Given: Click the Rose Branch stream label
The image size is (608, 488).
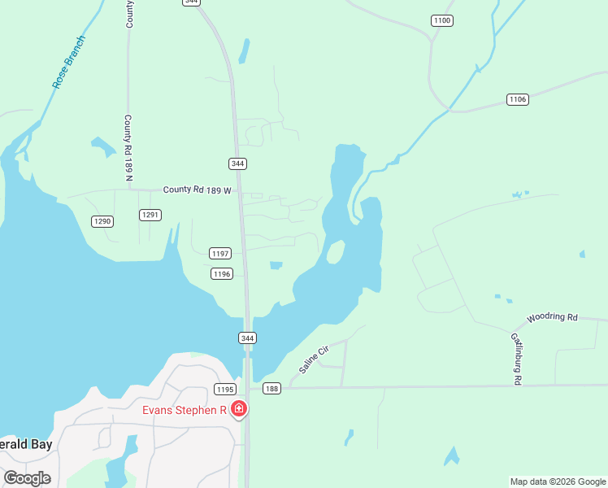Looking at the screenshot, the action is click(69, 62).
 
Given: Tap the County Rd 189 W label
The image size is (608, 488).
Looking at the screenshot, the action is click(198, 190).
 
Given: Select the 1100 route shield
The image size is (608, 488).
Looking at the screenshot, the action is click(441, 20).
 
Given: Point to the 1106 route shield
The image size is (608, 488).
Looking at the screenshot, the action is click(518, 99).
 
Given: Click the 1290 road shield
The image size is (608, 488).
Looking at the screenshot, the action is click(102, 221).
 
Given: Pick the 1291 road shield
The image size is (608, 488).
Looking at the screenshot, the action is click(150, 215).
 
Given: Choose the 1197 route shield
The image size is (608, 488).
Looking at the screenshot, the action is click(220, 253).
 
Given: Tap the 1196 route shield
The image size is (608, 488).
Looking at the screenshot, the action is click(222, 273).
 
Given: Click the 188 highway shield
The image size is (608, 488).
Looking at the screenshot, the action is click(271, 389).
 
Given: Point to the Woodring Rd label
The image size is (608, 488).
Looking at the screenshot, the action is click(551, 316).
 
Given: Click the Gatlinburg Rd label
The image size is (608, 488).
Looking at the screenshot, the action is click(515, 358).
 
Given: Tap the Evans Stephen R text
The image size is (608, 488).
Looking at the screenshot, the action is click(184, 410).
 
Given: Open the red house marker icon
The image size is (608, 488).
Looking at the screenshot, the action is click(239, 408).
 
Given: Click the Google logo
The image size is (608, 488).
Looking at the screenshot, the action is click(27, 477).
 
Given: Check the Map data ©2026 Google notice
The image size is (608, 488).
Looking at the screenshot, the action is click(557, 481).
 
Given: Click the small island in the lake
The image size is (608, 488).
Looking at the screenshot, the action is click(334, 253).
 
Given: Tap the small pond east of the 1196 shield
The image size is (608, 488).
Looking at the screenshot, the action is click(276, 265).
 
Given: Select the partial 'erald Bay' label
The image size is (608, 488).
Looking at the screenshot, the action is click(24, 446).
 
